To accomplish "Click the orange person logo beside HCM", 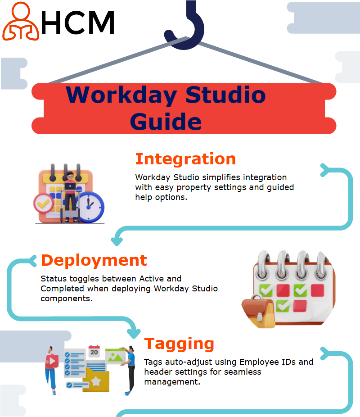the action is tap(20, 22).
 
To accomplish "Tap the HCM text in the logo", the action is tap(78, 23).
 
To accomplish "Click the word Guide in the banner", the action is tap(166, 122).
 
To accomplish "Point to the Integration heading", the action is tap(185, 159).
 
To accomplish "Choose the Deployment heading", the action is tap(94, 260).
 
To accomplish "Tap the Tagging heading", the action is tap(179, 344).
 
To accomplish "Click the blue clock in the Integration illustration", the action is tap(90, 207).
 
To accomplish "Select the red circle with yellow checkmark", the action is tap(43, 204).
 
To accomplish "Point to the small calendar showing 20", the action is tap(94, 351).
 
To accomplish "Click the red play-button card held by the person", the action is tap(52, 361).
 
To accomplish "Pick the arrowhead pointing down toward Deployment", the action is tap(117, 241).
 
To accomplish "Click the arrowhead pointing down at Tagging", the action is tap(134, 334).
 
